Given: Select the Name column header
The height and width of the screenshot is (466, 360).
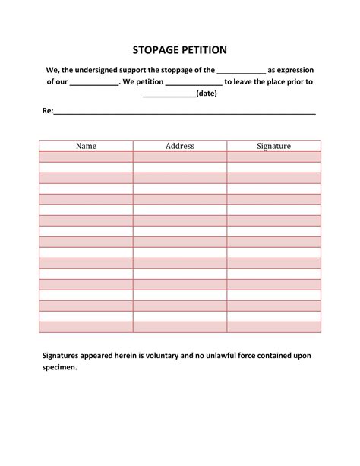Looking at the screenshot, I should [x=86, y=146].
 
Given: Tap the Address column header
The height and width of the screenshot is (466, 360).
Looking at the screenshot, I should [x=180, y=146].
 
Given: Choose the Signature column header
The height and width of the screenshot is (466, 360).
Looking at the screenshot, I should [x=273, y=146].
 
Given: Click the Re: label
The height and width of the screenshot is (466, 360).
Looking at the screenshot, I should [x=47, y=111].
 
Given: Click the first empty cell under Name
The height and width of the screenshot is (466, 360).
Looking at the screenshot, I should [x=86, y=157].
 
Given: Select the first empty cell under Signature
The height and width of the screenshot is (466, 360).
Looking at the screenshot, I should [x=273, y=157].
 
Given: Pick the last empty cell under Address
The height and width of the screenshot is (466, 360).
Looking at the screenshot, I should [x=180, y=327].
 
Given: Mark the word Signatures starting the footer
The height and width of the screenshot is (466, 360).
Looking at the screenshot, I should [x=65, y=355].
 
